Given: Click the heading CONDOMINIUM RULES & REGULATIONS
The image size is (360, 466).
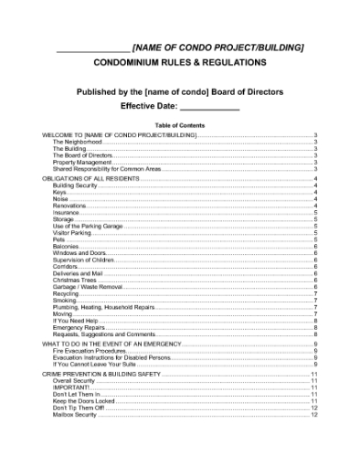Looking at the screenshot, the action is [180, 63].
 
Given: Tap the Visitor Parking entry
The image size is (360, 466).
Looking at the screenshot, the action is [72, 233].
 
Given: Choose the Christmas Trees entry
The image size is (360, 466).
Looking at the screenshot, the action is [74, 280].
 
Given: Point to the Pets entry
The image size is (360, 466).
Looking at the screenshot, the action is [58, 239].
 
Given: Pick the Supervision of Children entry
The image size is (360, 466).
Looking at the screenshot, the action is [84, 259].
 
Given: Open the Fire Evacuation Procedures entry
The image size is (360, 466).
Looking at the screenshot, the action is [90, 350].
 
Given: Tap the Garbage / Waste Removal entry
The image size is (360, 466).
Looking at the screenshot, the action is [88, 286].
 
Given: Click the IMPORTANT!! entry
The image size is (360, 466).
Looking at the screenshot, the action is [72, 387].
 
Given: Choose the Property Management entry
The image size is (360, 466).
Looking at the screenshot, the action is [83, 162].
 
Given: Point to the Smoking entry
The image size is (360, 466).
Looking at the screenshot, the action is [65, 300].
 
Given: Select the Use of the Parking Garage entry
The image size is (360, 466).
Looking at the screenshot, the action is [88, 226].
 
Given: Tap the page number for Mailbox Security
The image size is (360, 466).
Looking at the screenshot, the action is [313, 414].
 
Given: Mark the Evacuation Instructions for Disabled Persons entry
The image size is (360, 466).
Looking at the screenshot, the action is [111, 356].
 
